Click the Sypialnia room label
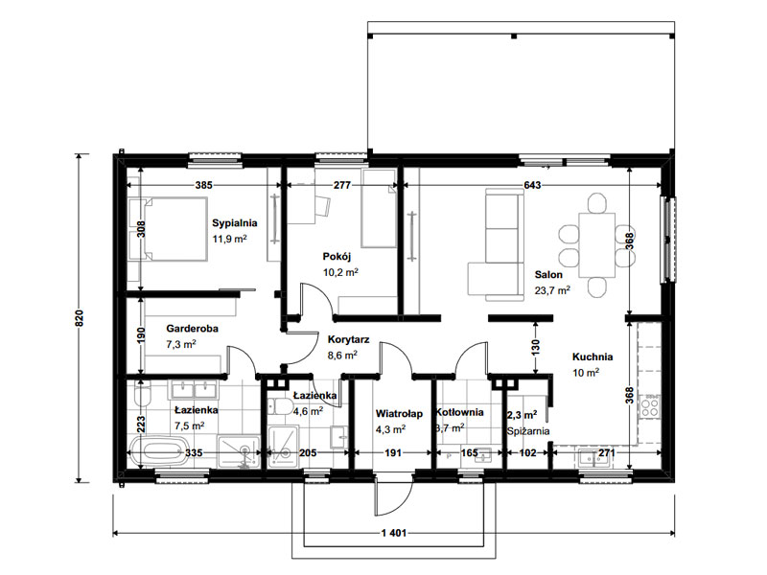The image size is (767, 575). point(234,223)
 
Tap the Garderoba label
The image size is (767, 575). point(192,329)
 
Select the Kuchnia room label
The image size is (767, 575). point(593,356)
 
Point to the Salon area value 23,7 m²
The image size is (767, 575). point(552,290)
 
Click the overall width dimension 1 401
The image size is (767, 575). point(394,533)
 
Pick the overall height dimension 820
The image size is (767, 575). point(80,318)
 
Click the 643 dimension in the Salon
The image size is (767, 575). point(532,185)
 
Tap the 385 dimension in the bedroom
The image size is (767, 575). point(204,185)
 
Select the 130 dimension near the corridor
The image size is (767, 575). point(536,347)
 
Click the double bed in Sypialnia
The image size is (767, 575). point(167,229)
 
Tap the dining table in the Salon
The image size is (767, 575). point(596,245)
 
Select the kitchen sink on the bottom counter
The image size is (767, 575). point(595,458)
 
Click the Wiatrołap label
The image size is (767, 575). point(399,414)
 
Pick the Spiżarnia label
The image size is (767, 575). point(528,431)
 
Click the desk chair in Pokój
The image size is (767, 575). point(322,206)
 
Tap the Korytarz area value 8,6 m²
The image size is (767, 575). point(342,355)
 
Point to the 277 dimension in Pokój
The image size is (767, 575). point(342,185)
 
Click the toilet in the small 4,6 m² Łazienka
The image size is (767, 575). point(279,405)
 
